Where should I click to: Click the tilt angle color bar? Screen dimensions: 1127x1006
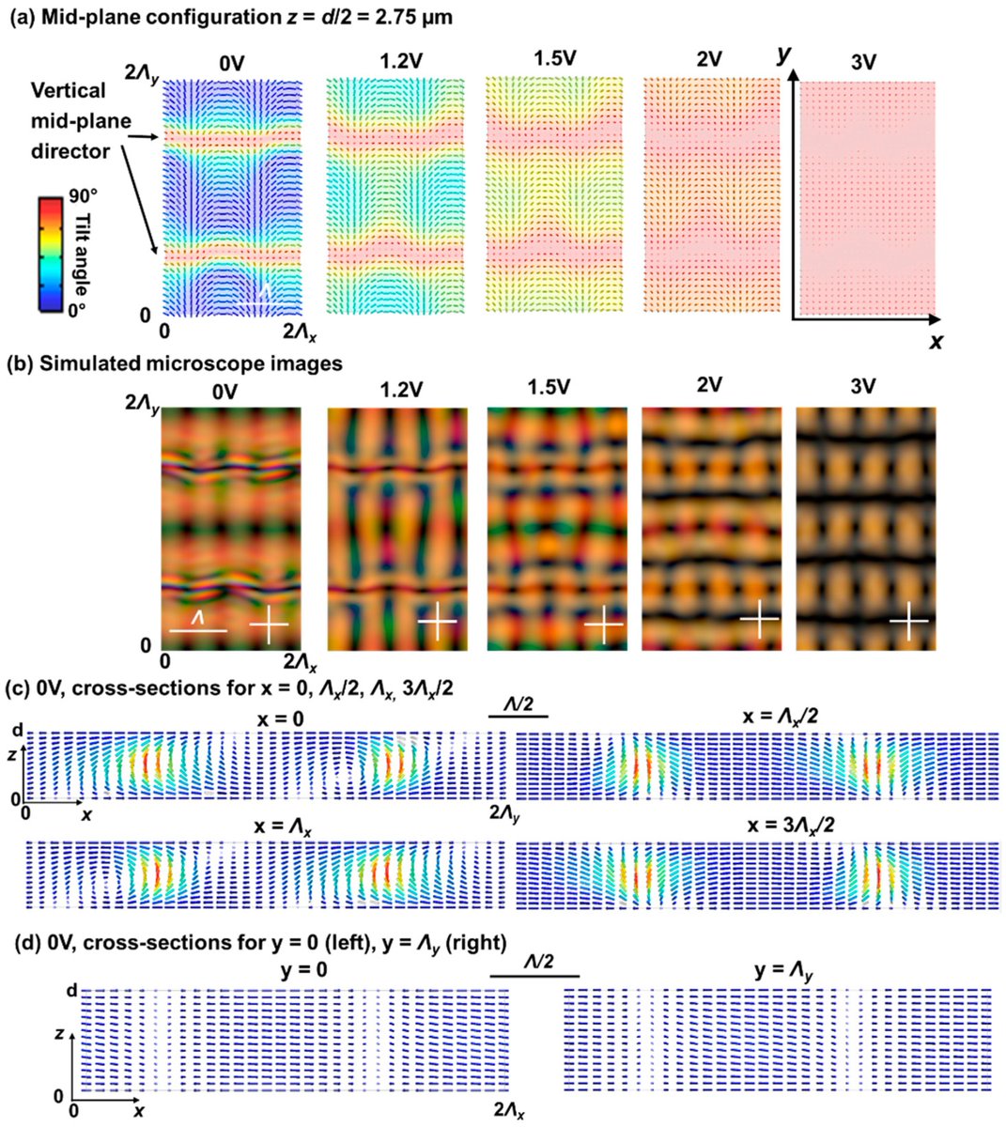50,254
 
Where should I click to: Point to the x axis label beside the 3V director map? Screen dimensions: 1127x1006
936,342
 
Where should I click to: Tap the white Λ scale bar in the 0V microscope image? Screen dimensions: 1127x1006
197,630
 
